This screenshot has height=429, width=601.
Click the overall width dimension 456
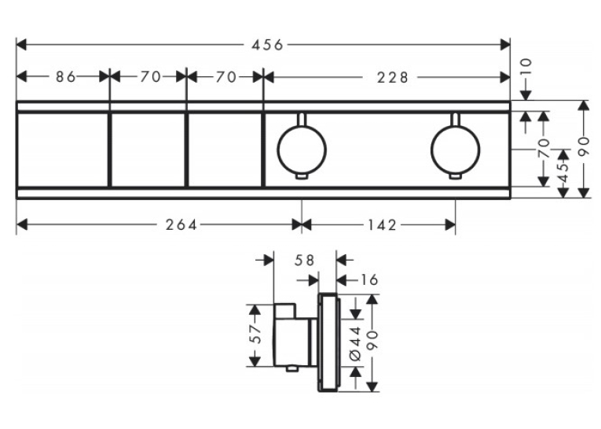tap(267, 45)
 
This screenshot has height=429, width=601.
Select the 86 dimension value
tap(66, 77)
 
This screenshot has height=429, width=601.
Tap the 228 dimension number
tap(393, 78)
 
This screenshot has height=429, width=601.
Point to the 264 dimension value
tap(181, 224)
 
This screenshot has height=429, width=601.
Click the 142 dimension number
tap(380, 224)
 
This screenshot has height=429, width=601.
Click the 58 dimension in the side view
tap(304, 261)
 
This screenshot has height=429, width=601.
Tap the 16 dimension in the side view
tap(368, 279)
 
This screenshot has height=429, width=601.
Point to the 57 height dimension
tap(255, 334)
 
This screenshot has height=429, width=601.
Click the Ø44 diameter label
tap(356, 343)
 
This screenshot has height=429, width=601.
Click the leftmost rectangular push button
tap(63, 150)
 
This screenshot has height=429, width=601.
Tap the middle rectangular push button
tap(148, 150)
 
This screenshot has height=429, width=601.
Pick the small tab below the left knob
tap(302, 176)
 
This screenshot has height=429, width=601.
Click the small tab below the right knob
tap(456, 176)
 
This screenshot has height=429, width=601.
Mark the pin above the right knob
tap(456, 119)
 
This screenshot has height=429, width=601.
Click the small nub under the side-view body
tap(292, 369)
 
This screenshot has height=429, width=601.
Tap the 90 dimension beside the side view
tap(372, 340)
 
